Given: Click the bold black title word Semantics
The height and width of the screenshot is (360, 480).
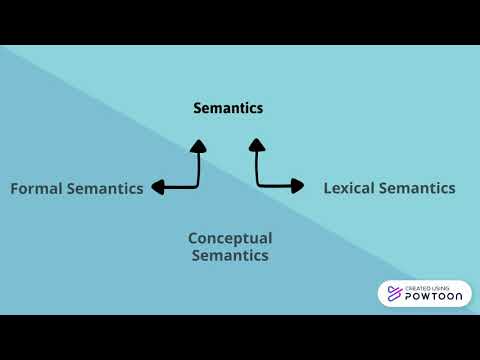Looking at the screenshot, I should click(228, 108).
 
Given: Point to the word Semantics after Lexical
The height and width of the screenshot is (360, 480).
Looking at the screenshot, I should click(420, 187).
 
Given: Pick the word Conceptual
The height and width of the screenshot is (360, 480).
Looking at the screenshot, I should click(230, 238).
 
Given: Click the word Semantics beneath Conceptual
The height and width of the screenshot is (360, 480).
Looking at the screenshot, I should click(230, 255).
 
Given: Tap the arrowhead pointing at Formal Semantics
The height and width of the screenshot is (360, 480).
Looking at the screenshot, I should click(156, 187).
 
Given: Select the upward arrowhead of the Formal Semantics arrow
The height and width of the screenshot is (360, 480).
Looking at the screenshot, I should click(198, 145).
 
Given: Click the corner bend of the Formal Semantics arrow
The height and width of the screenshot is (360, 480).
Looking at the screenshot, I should click(197, 186).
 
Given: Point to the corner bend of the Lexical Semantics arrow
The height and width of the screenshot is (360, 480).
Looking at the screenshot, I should click(258, 184).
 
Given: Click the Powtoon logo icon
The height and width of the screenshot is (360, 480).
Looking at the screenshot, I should click(391, 294).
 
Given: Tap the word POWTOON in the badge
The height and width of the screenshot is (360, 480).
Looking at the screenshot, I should click(432, 297).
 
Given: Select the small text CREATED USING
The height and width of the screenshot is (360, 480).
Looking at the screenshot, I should click(426, 286).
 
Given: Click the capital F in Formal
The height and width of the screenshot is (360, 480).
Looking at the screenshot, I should click(15, 188).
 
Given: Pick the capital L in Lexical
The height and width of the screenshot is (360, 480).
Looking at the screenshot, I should click(328, 187).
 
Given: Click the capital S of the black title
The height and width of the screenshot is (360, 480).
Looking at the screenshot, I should click(198, 108).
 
